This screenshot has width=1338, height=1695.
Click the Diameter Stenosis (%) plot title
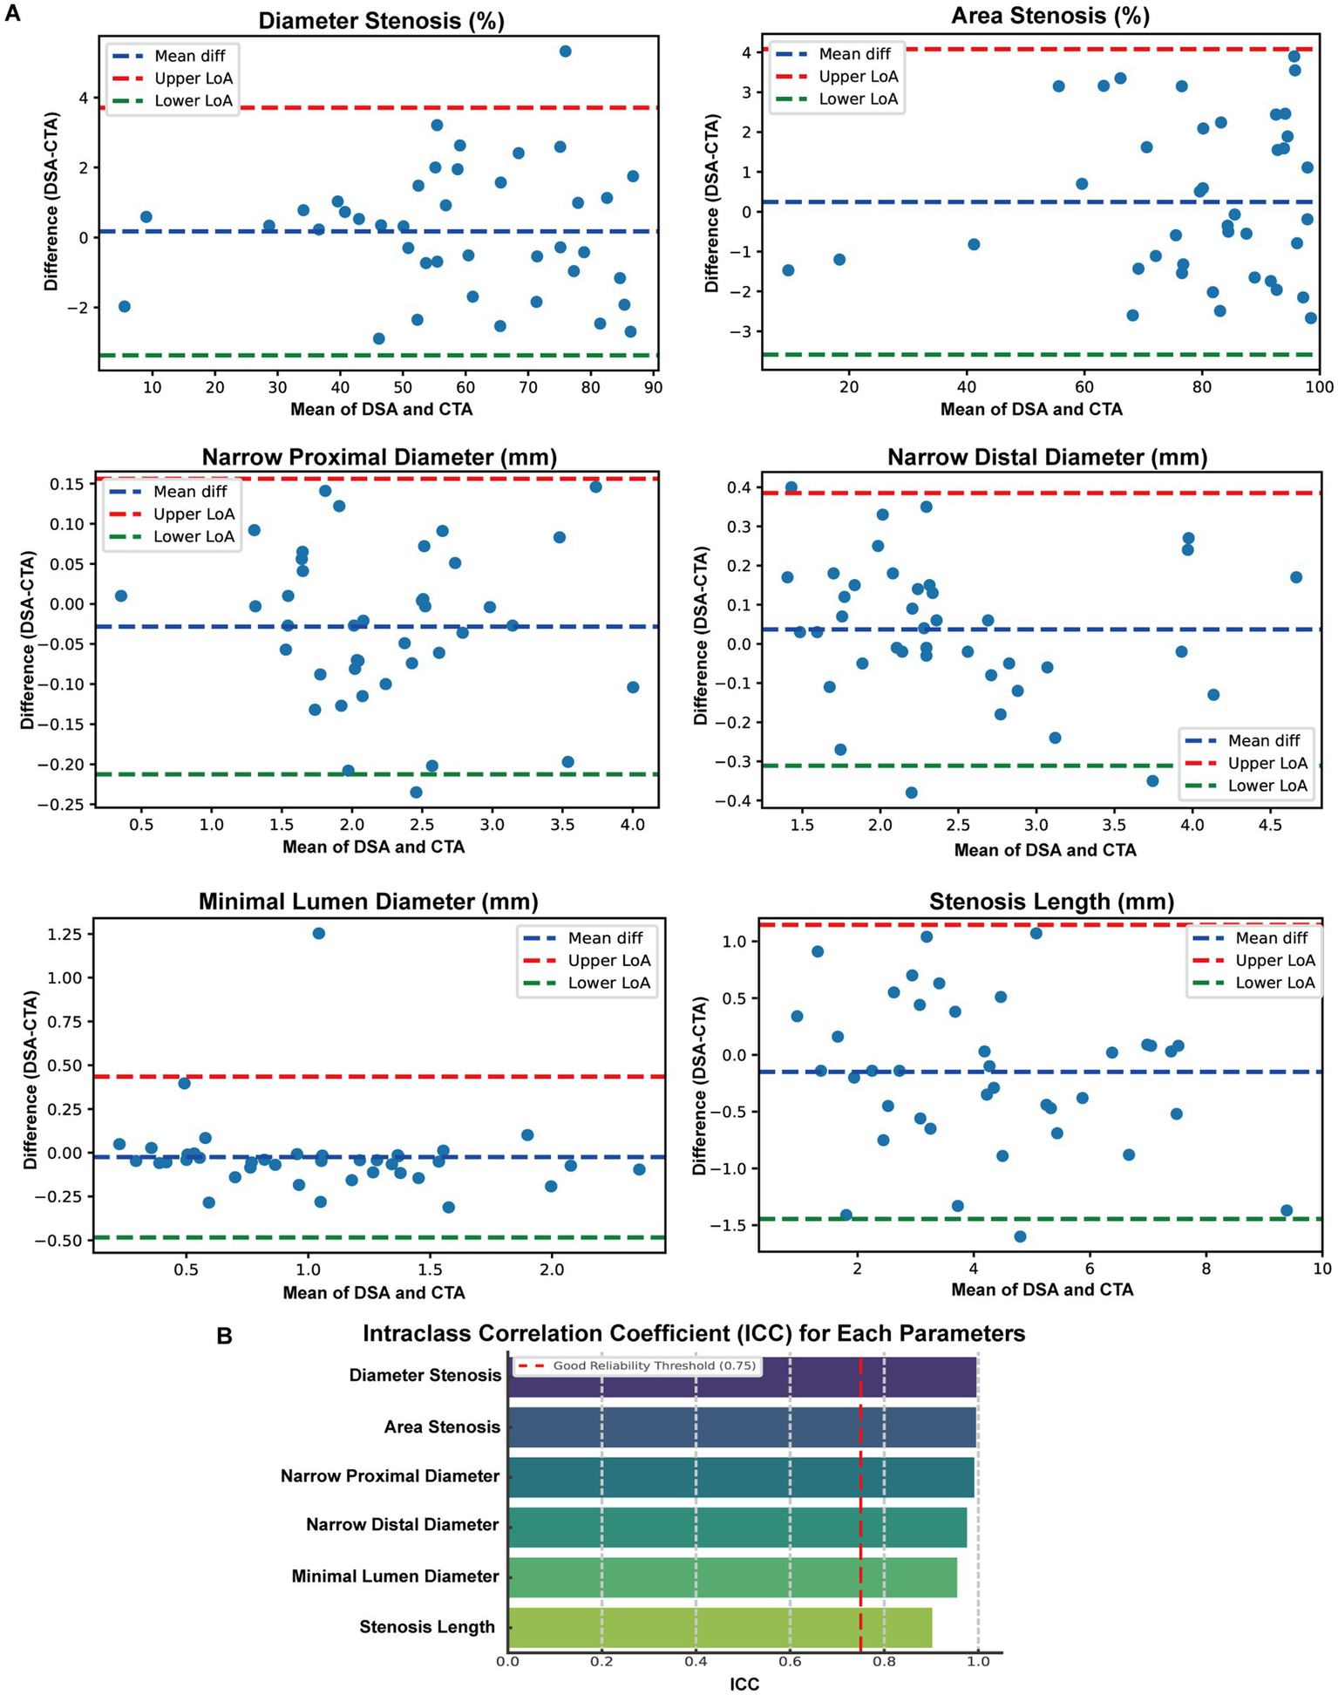381,21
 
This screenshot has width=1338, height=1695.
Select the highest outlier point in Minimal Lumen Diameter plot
318,933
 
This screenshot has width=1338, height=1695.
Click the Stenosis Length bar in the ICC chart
719,1627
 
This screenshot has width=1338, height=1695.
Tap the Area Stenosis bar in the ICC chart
741,1426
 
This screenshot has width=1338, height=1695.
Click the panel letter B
224,1336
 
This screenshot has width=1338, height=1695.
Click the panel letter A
12,14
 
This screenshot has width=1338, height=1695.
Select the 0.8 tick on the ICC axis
884,1661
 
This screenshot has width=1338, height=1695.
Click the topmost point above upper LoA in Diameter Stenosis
565,51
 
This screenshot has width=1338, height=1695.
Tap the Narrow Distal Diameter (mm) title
1047,458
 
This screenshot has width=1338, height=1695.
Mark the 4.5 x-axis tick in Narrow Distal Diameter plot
1270,826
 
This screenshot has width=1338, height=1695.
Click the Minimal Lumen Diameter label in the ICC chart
395,1576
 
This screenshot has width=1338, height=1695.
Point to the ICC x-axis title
744,1685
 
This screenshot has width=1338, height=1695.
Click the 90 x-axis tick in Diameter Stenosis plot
653,387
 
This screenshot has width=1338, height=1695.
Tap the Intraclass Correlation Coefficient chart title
693,1334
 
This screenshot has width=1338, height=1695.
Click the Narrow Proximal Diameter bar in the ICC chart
740,1476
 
